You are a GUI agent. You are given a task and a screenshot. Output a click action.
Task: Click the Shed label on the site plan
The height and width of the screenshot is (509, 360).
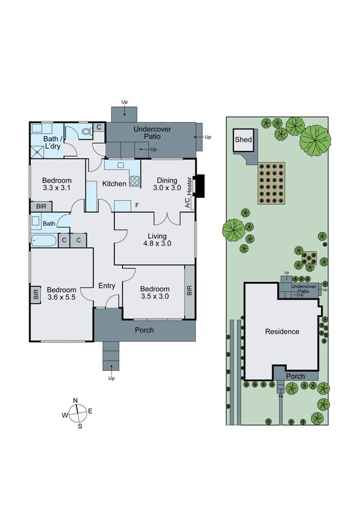(x=243, y=140)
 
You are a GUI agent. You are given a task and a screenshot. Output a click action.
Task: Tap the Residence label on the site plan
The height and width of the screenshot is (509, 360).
(x=282, y=331)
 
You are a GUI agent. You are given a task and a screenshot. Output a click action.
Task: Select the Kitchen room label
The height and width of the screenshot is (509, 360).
(x=114, y=184)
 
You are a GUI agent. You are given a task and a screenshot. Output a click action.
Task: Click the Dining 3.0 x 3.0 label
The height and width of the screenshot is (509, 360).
(x=167, y=184)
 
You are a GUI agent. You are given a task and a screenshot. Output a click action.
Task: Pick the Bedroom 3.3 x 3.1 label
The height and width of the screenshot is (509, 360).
(x=57, y=184)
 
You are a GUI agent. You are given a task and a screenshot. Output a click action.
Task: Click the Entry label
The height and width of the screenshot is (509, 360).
(x=107, y=286)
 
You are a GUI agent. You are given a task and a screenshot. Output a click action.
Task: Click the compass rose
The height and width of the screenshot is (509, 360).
(x=76, y=412)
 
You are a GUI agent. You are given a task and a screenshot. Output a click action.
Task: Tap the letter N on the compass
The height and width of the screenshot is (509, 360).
(x=76, y=400)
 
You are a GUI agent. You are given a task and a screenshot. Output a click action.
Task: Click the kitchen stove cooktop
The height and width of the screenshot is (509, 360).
(x=135, y=180)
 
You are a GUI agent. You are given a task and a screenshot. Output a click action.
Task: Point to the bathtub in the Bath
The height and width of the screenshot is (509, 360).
(x=43, y=240)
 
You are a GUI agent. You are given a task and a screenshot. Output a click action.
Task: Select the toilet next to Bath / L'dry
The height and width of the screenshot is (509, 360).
(x=87, y=130)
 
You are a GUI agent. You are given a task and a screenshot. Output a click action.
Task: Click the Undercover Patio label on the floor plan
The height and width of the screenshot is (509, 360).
(x=151, y=132)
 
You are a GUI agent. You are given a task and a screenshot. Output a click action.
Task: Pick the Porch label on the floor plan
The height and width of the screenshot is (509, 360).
(x=144, y=330)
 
